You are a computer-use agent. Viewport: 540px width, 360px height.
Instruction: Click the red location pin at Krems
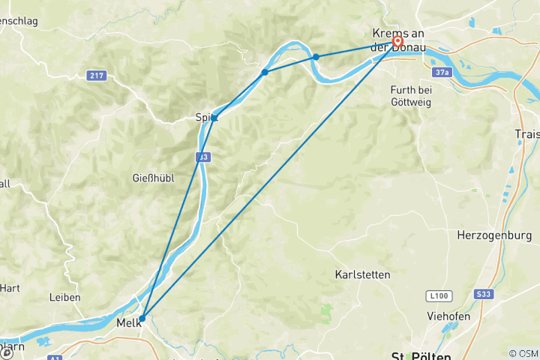point(397,43)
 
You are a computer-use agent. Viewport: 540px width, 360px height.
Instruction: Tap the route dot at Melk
point(142,318)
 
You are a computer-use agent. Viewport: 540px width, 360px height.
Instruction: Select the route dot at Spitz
point(214,118)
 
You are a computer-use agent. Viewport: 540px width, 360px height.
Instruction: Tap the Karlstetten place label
point(362,275)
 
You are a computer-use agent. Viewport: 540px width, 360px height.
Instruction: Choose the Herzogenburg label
point(494,235)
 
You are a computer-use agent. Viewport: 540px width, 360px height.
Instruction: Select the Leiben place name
point(65,297)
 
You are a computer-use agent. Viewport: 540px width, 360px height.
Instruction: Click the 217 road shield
point(95,75)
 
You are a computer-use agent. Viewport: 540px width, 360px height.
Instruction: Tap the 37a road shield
point(442,72)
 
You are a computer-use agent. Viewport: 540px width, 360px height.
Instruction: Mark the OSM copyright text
point(523,352)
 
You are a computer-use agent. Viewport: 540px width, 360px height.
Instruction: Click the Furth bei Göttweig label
point(411,95)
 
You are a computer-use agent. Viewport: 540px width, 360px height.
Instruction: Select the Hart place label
point(10,287)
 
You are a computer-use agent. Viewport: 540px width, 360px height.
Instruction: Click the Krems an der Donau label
point(398,40)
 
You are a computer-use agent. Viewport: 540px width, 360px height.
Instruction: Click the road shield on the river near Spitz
point(204,157)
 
